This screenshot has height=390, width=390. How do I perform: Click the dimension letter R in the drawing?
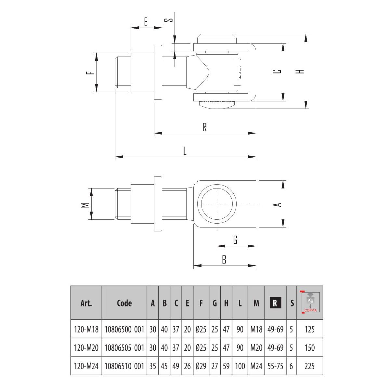[x=204, y=127]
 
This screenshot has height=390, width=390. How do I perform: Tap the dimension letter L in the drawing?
[x=185, y=151]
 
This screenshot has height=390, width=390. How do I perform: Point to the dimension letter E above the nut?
[x=146, y=22]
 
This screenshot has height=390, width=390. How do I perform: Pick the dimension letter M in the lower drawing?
[x=85, y=205]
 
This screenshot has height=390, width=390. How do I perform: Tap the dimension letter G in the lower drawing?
[x=235, y=240]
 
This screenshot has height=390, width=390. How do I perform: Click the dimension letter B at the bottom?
[x=224, y=260]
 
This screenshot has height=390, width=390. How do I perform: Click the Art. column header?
[x=86, y=303]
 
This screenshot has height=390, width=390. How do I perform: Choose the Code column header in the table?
[x=124, y=303]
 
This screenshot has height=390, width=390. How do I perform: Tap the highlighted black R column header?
[x=275, y=303]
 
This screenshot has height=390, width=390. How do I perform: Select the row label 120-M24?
[x=86, y=366]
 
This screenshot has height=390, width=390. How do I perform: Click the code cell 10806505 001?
[x=124, y=348]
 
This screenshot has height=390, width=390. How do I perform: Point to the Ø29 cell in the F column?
[x=201, y=366]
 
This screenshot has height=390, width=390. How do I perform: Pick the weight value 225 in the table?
[x=310, y=366]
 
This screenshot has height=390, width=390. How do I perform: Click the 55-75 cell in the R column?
[x=275, y=366]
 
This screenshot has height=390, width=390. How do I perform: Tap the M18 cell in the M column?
[x=256, y=330]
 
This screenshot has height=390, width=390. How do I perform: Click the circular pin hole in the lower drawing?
[x=217, y=204]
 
